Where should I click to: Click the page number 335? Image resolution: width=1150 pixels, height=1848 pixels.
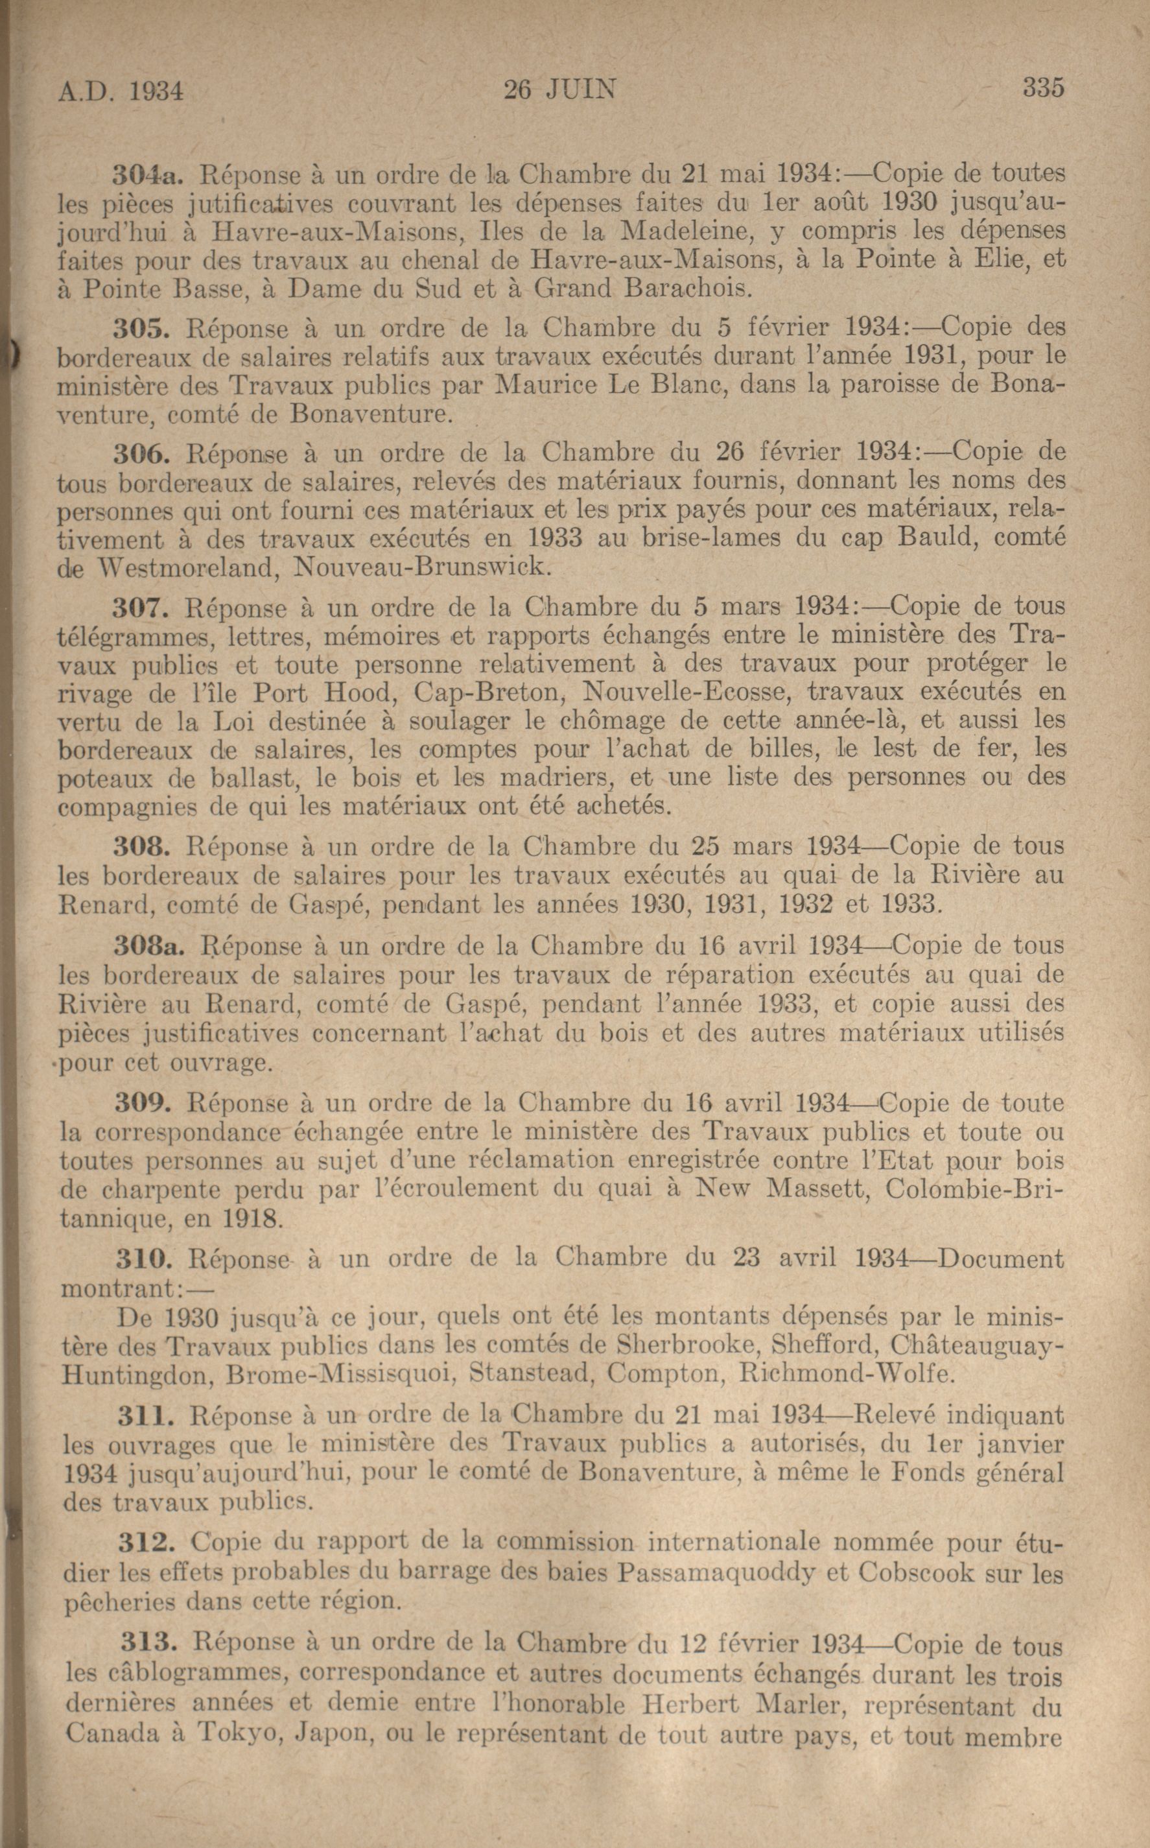pyautogui.click(x=1043, y=89)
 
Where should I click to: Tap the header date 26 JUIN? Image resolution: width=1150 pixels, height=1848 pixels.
pyautogui.click(x=560, y=91)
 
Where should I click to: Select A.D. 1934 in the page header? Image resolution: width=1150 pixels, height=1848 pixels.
pyautogui.click(x=122, y=92)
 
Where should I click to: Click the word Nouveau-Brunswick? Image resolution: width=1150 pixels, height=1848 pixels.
pyautogui.click(x=420, y=567)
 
